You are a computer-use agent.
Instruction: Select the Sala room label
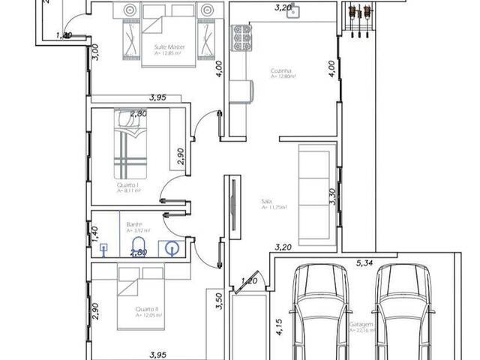tap(266, 202)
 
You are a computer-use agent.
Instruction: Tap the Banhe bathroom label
tap(135, 225)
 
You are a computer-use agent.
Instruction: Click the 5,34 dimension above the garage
tap(364, 262)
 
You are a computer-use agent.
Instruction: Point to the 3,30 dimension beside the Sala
tap(332, 196)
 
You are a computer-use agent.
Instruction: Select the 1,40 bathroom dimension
tap(94, 231)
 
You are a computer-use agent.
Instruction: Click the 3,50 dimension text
tap(219, 301)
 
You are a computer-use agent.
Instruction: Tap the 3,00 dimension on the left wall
tap(95, 51)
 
